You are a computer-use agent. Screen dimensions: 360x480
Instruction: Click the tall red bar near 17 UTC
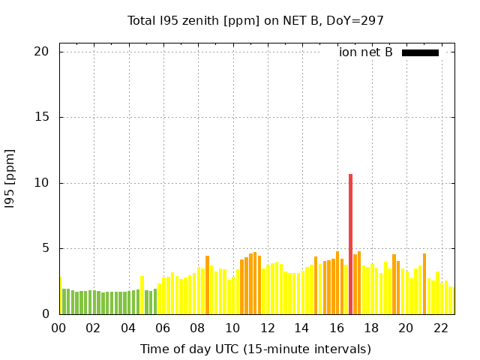[350, 244]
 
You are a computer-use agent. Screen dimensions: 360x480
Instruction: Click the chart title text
[255, 21]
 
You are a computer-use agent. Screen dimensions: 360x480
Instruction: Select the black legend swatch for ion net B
[420, 52]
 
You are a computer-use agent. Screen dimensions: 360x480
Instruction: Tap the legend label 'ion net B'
[366, 52]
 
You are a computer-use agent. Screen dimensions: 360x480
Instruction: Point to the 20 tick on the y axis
[41, 52]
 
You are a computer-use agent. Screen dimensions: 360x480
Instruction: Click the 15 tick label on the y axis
[41, 117]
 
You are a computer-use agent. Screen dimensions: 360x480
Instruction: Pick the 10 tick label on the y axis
[41, 183]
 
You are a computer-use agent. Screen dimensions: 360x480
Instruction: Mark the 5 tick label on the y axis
[45, 248]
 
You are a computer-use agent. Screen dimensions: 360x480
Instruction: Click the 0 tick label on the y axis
[45, 314]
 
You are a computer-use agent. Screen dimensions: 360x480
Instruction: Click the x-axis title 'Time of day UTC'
[255, 349]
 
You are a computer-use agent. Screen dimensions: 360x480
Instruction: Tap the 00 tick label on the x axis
[58, 328]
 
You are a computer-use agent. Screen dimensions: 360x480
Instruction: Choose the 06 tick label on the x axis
[163, 328]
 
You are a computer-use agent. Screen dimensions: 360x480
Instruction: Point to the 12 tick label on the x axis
[267, 328]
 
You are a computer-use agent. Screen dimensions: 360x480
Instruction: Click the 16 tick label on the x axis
[337, 328]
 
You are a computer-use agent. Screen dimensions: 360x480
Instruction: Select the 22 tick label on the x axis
[441, 328]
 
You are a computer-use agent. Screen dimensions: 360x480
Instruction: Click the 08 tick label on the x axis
[197, 328]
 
